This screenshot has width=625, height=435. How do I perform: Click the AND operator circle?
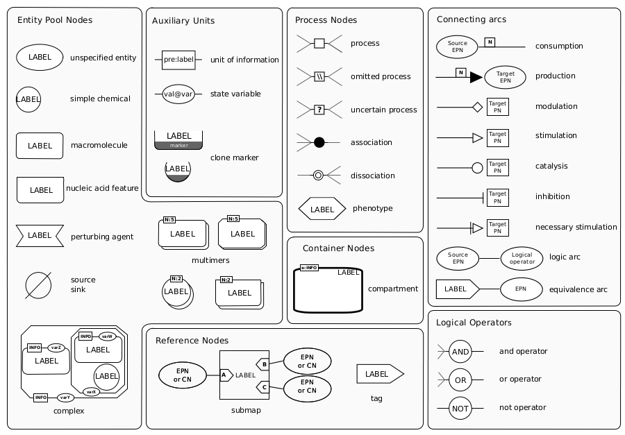point(460,351)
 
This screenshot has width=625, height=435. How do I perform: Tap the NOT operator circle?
point(460,409)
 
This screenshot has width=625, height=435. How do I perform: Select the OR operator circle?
point(460,380)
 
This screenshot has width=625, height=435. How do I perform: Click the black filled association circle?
point(319,142)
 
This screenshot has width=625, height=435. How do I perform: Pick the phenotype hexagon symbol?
point(322,209)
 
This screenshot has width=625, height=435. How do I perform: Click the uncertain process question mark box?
point(319,110)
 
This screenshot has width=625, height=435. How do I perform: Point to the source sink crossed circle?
point(38,285)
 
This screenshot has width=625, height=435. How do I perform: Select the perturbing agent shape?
point(40,236)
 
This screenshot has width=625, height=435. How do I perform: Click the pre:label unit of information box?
point(178,60)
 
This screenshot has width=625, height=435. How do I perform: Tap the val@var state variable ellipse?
point(178,94)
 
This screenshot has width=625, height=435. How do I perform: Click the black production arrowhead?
point(476,77)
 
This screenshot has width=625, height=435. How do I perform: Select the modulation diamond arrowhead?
point(478,107)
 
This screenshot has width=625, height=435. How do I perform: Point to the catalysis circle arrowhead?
point(478,168)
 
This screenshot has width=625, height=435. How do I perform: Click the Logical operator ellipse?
point(522,258)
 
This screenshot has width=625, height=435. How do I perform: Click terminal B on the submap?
point(263,364)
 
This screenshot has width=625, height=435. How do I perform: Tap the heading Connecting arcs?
point(472,19)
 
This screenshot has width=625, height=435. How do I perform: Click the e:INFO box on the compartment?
point(309,268)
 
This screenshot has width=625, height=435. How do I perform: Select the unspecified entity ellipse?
point(40,58)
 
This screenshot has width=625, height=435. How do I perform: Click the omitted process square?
point(319,76)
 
